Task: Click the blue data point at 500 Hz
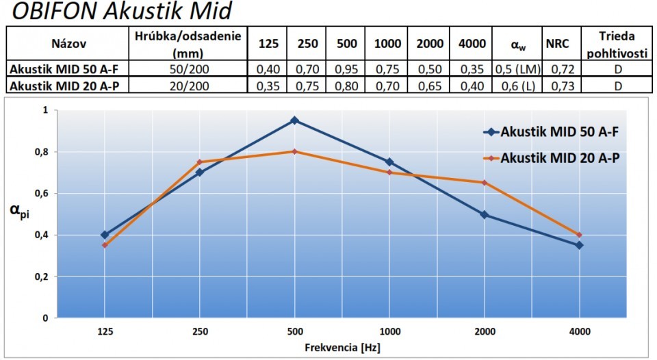(294, 120)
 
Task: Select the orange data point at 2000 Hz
(485, 183)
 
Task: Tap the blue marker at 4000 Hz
(580, 245)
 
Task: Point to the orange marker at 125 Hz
(104, 245)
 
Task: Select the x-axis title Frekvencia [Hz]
(342, 348)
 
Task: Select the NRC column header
(558, 43)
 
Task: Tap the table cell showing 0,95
(347, 69)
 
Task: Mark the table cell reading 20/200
(190, 86)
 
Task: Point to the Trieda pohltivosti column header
(617, 43)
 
